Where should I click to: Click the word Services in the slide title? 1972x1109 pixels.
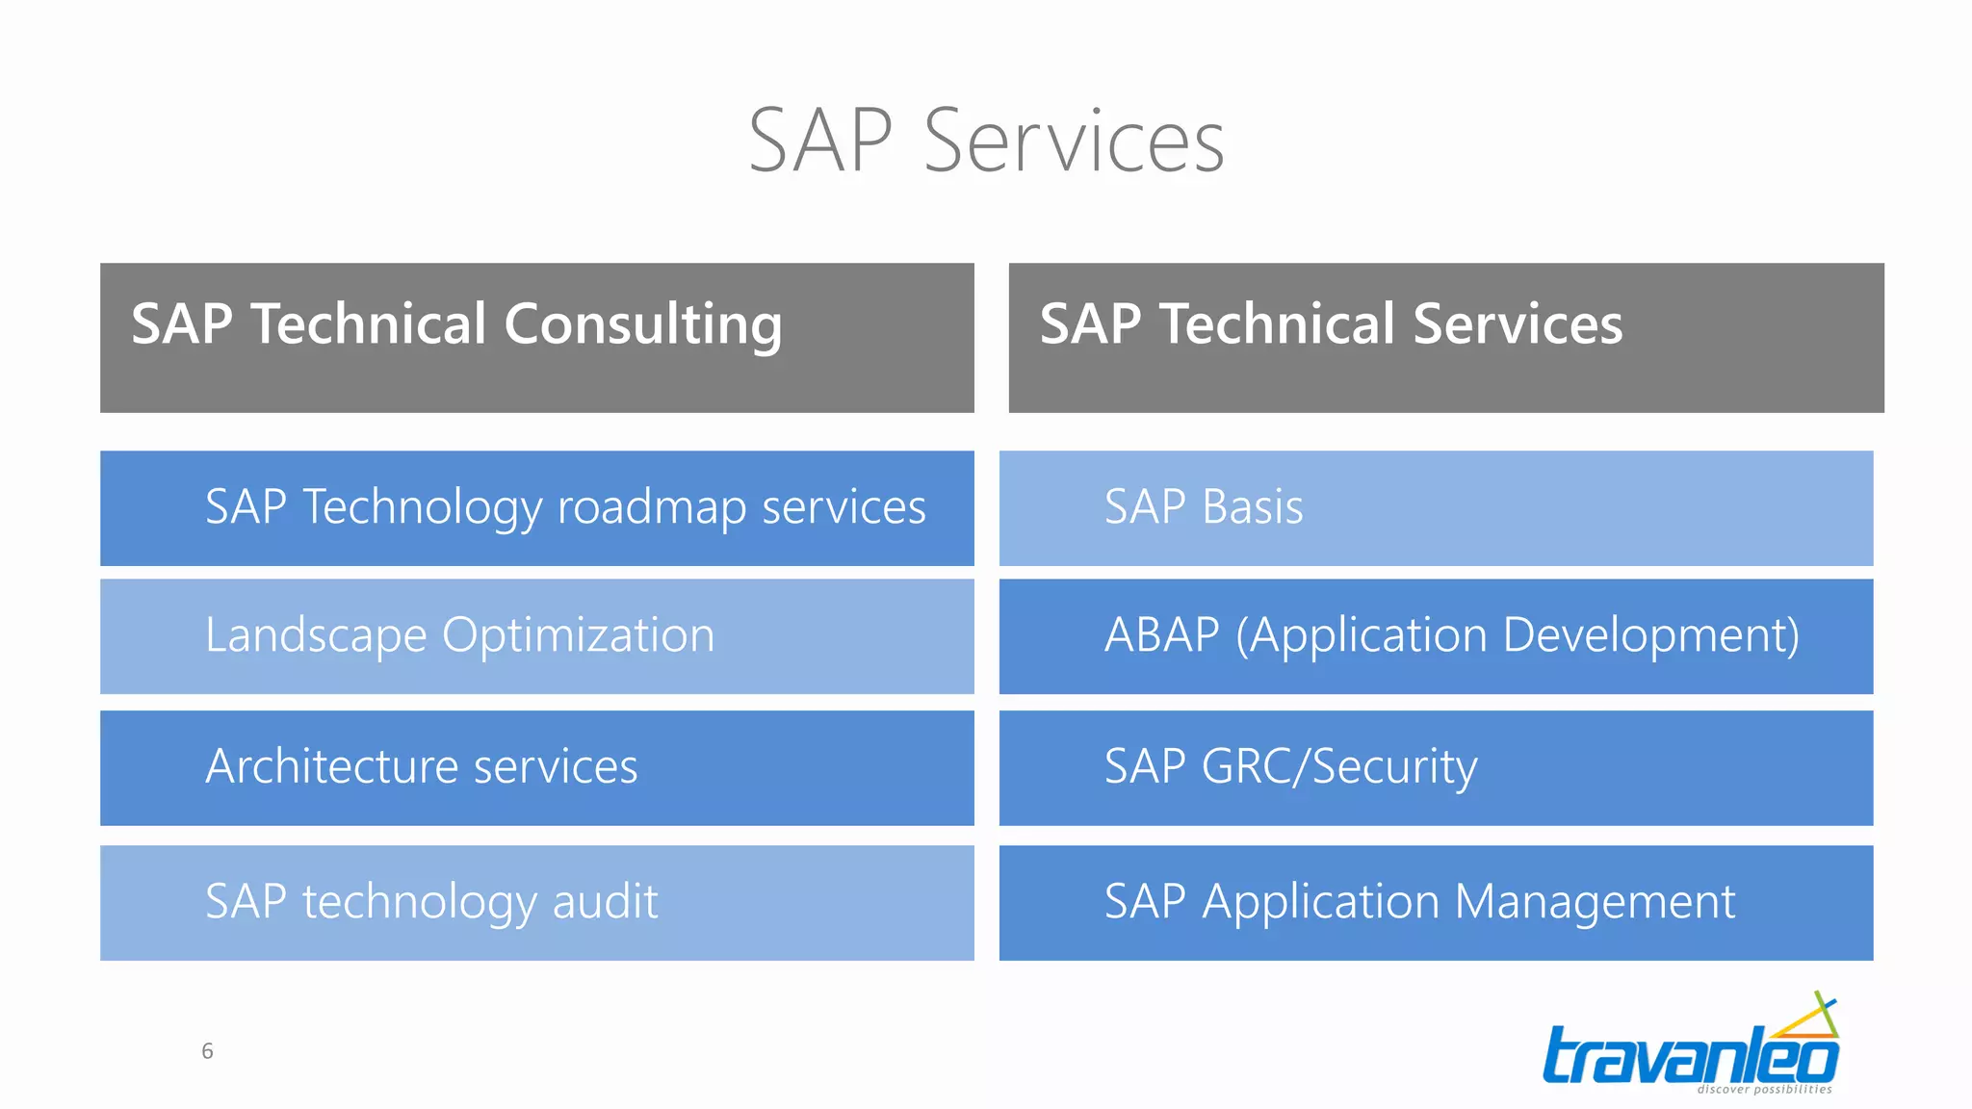coord(1074,142)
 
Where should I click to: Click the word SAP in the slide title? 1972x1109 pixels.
coord(820,142)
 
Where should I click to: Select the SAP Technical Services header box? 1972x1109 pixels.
coord(1445,338)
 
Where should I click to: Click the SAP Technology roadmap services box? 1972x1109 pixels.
coord(536,508)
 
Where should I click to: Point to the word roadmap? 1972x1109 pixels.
coord(652,508)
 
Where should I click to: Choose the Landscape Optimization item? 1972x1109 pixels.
coord(536,636)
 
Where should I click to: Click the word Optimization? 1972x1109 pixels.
coord(578,636)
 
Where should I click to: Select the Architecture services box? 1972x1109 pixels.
coord(536,768)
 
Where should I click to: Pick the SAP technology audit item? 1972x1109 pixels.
coord(536,903)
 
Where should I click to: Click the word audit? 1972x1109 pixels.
coord(605,902)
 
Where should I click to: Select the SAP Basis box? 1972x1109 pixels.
coord(1436,508)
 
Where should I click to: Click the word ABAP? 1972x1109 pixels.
coord(1161,636)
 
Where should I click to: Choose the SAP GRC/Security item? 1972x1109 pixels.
coord(1436,768)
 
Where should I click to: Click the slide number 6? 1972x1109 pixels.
coord(207,1051)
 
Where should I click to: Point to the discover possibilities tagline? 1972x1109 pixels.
coord(1764,1090)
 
